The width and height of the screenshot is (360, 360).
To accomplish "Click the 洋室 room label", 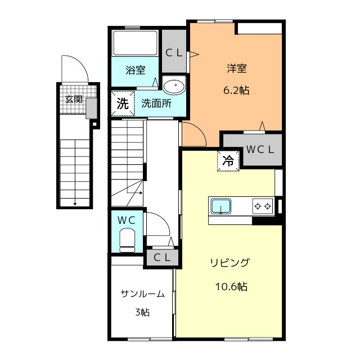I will (237, 69).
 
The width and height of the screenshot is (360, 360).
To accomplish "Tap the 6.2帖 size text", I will (237, 89).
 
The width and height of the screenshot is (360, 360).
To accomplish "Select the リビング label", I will (230, 263).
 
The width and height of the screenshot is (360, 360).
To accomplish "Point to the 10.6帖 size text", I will (231, 286).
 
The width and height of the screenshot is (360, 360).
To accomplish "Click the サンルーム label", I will (142, 293).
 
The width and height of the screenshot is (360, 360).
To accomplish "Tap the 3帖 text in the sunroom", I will (142, 312).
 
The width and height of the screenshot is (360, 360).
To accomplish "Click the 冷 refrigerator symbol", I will (228, 160).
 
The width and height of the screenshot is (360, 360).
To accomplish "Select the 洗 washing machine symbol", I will (123, 103).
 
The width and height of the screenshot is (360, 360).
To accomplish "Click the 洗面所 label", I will (156, 103).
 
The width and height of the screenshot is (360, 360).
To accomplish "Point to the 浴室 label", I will (135, 70).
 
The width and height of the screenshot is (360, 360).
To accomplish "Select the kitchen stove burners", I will (263, 206).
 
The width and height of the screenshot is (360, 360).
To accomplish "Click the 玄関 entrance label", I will (74, 100).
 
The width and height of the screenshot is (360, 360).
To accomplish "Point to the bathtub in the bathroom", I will (136, 43).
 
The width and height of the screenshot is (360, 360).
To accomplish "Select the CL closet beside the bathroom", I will (173, 53).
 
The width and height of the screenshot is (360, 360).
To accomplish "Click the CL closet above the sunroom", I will (163, 258).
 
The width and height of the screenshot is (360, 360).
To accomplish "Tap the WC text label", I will (127, 220).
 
